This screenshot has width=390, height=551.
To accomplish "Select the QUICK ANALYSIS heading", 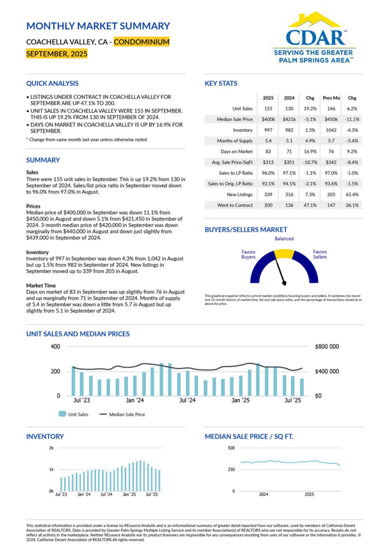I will coord(52,83).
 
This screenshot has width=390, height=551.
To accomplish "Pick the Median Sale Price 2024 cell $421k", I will coord(289,119).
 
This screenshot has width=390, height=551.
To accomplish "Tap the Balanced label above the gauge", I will coord(284,239).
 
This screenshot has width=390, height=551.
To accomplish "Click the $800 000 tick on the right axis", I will coord(327,347).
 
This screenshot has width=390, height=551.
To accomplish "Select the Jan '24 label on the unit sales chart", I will coord(136,401).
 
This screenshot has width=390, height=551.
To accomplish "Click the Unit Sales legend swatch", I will coord(63,414).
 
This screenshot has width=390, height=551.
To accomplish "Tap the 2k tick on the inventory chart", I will coord(51,448).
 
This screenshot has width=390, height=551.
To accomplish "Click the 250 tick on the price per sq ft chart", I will coord(231,470).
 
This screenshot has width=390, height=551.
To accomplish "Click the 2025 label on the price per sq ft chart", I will coord(310,495).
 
